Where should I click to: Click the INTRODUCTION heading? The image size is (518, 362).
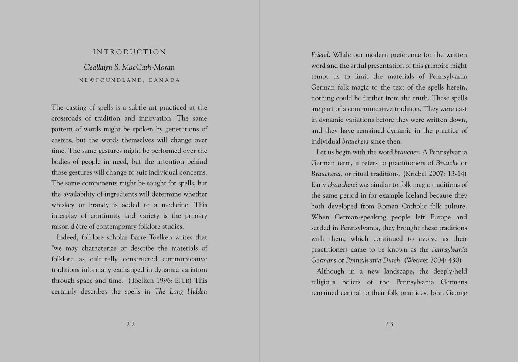click(x=129, y=52)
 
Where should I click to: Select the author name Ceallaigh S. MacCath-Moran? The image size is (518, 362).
click(x=129, y=67)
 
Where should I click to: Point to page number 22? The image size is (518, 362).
click(x=131, y=325)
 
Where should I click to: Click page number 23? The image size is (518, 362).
click(x=389, y=325)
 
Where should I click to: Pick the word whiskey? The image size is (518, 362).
click(x=63, y=205)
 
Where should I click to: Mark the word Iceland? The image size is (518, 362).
click(x=418, y=195)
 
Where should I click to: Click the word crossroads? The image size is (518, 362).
click(x=66, y=118)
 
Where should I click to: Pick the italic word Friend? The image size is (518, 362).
click(x=320, y=55)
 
